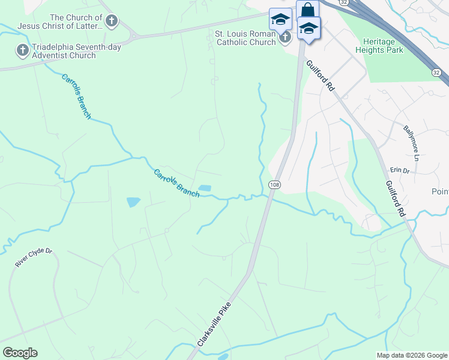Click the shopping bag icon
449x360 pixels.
(307, 10)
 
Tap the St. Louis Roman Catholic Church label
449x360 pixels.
(245, 38)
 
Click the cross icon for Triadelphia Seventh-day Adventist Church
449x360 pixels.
(23, 50)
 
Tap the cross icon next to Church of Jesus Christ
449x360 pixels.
(112, 22)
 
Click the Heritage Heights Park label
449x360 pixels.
(383, 46)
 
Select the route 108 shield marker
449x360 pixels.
(274, 184)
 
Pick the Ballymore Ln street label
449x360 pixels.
(414, 139)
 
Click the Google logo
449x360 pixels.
(20, 353)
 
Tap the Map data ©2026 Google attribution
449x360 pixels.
(411, 355)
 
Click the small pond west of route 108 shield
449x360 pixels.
(204, 188)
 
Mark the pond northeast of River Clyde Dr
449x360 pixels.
(133, 202)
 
